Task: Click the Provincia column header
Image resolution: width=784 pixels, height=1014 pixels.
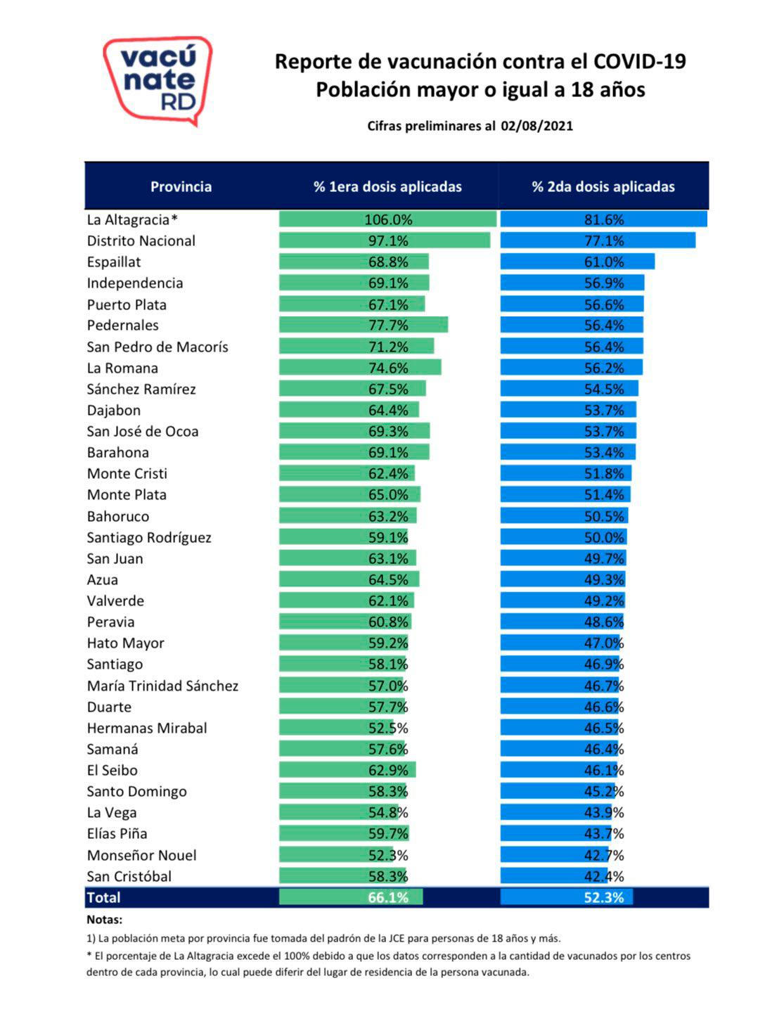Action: point(181,187)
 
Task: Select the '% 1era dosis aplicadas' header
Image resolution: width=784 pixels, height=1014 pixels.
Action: point(387,187)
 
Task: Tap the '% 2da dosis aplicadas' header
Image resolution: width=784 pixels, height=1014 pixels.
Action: point(603,187)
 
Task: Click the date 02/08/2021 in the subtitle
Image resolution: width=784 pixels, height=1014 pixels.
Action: point(537,127)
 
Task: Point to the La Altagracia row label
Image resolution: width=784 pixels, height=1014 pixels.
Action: point(131,220)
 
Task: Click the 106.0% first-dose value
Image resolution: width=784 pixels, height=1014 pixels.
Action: point(388,220)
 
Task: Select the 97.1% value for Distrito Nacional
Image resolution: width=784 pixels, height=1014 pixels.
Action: point(388,241)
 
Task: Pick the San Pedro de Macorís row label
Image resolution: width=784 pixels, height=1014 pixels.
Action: point(158,347)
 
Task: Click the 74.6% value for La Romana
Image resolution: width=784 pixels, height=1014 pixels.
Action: point(388,368)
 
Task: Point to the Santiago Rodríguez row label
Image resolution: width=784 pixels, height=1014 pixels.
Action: point(149,538)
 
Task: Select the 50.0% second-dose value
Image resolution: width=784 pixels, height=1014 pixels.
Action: point(604,538)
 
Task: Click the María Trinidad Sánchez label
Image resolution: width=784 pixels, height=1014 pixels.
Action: point(162,686)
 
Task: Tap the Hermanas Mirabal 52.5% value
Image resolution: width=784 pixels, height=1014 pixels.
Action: point(388,729)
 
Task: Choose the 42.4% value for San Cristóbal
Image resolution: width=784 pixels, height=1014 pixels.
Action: point(604,877)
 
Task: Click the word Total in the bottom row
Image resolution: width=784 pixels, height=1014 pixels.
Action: point(103,898)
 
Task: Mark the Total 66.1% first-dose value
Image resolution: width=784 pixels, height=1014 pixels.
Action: point(388,898)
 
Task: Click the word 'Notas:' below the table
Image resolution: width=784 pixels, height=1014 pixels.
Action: point(104,920)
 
